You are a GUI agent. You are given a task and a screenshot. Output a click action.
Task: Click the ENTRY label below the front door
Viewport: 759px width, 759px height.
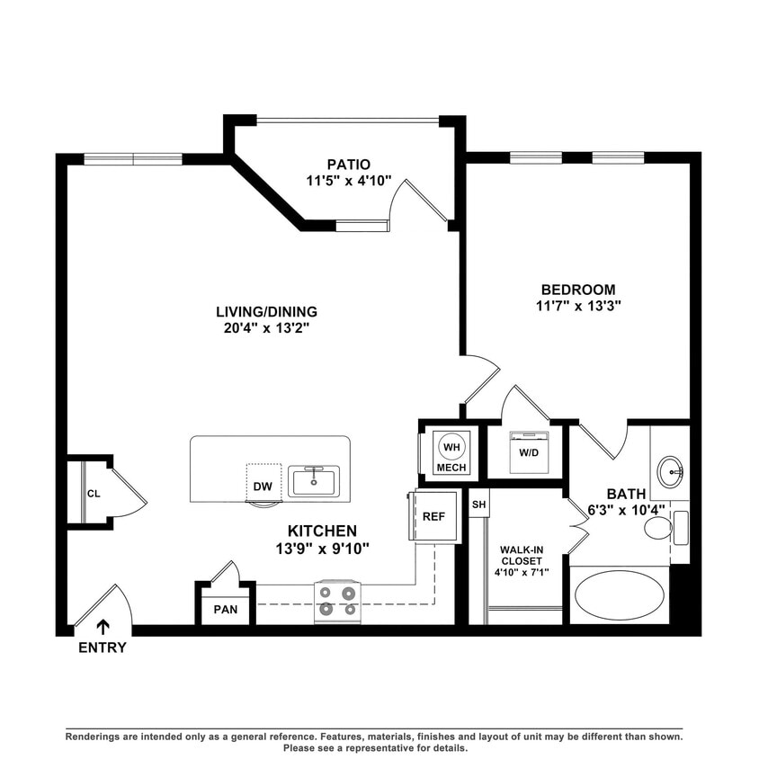[102, 647]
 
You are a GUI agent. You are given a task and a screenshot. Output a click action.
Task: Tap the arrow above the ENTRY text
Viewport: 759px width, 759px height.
[103, 627]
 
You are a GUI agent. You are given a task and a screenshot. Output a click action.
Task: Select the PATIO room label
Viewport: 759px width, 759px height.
[348, 165]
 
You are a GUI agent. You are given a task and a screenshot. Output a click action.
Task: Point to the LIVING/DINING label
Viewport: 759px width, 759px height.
[266, 312]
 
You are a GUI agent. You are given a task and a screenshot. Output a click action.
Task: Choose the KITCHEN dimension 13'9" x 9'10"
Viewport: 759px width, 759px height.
[322, 548]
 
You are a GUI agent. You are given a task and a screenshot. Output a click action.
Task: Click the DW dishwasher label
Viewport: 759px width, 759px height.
[263, 487]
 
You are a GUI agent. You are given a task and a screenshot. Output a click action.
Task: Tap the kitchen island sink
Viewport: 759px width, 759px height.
[314, 480]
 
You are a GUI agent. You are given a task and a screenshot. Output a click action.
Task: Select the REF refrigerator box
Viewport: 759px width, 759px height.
[433, 516]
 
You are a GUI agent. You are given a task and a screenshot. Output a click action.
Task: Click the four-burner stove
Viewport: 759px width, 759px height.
[337, 601]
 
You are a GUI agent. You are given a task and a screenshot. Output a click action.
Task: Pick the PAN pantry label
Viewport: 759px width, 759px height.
[226, 610]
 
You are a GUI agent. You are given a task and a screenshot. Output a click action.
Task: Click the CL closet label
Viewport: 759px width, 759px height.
[94, 493]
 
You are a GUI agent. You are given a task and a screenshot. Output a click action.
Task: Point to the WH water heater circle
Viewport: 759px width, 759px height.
[450, 447]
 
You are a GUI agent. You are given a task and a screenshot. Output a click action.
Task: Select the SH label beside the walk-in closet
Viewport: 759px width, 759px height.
[478, 505]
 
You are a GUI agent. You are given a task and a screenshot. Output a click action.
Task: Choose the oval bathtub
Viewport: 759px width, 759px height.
[619, 594]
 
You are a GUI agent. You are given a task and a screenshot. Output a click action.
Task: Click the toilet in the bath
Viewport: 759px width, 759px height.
[661, 528]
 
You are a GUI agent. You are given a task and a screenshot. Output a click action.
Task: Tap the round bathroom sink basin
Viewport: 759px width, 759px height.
[669, 470]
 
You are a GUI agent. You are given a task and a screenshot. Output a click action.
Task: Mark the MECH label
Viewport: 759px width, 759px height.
[450, 469]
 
